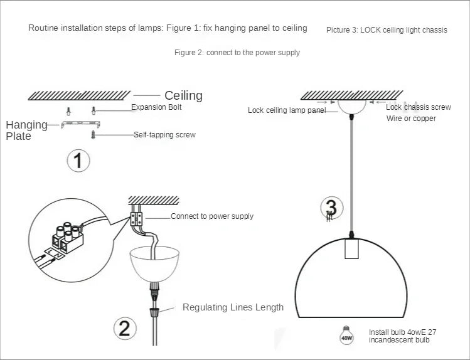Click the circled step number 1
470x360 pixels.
tap(78, 161)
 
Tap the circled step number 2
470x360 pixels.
tap(124, 328)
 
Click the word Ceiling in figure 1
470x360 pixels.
tap(183, 95)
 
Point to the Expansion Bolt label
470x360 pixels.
tap(157, 108)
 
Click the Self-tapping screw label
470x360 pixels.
tap(164, 135)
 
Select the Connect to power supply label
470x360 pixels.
tap(212, 216)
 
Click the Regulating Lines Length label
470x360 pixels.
tap(233, 307)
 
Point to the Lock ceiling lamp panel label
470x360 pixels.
tap(287, 110)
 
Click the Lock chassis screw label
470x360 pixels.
tap(418, 107)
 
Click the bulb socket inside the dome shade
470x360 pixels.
tap(351, 250)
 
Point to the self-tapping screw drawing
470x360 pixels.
tap(93, 134)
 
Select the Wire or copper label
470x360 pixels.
tap(411, 119)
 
